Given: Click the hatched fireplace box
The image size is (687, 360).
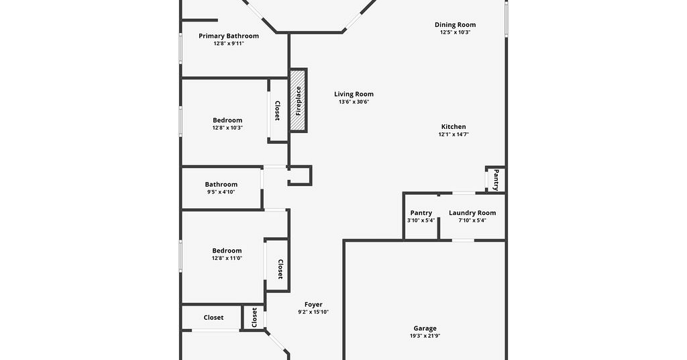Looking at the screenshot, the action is click(x=299, y=101).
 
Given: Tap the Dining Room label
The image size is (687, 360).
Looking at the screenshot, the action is click(x=456, y=25).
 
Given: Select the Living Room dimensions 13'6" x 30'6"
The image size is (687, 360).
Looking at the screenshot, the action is click(x=354, y=101).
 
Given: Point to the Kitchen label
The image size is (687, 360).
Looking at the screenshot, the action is click(x=454, y=127).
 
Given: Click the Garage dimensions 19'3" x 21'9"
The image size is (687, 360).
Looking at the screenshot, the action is click(x=425, y=336).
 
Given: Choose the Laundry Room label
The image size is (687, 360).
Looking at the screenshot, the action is click(x=472, y=213).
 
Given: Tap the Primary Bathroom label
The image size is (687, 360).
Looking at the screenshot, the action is click(x=229, y=36).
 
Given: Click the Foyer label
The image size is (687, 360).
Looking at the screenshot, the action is click(x=313, y=304).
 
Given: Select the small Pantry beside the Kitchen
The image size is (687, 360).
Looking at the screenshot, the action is click(x=496, y=180).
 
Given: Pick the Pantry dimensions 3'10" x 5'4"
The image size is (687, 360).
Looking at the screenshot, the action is click(x=421, y=220).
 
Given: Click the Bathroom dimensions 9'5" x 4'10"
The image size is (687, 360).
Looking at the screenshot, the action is click(x=221, y=192).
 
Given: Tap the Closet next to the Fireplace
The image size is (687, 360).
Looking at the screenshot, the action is click(x=278, y=111).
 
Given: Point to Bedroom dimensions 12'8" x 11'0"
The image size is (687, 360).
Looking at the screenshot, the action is click(x=227, y=259).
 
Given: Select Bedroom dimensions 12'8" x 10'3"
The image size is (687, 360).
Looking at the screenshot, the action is click(x=227, y=128).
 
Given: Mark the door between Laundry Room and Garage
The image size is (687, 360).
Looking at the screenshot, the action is click(x=463, y=240).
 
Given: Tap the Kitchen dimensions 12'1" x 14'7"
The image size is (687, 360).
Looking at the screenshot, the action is click(x=454, y=134).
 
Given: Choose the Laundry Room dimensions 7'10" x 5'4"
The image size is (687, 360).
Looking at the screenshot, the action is click(x=472, y=220).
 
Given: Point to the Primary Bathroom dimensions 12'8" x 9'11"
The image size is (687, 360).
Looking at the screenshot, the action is click(x=229, y=44).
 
